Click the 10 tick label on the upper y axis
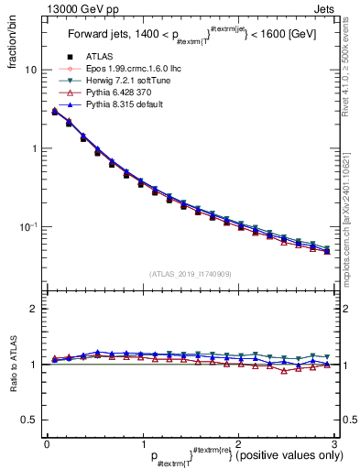pyautogui.click(x=31, y=71)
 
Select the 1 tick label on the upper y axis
pyautogui.click(x=33, y=148)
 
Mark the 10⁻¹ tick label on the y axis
pyautogui.click(x=28, y=226)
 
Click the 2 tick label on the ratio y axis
pyautogui.click(x=33, y=309)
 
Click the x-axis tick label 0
pyautogui.click(x=47, y=443)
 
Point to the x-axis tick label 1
pyautogui.click(x=142, y=443)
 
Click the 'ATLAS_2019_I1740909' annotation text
pyautogui.click(x=189, y=272)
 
